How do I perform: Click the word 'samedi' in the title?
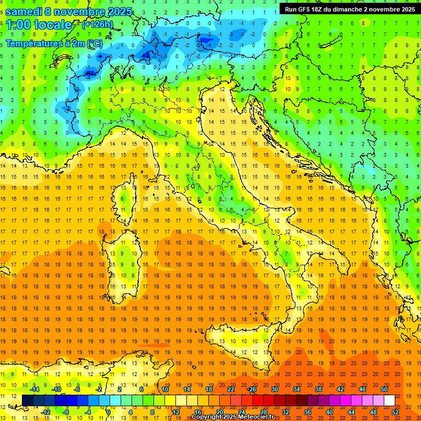pyautogui.click(x=23, y=12)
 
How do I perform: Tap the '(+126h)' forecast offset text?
pyautogui.click(x=97, y=24)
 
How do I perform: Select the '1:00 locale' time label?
pyautogui.click(x=39, y=25)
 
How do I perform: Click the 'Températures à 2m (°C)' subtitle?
pyautogui.click(x=54, y=43)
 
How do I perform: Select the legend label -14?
pyautogui.click(x=34, y=389)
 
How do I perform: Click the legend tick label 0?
pyautogui.click(x=109, y=412)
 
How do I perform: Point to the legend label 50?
pyautogui.click(x=384, y=389)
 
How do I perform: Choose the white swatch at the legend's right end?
pyautogui.click(x=389, y=400)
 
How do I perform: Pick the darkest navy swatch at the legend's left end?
pyautogui.click(x=27, y=400)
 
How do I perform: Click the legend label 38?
pyautogui.click(x=318, y=389)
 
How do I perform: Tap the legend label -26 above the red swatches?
pyautogui.click(x=252, y=389)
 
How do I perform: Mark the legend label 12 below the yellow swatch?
pyautogui.click(x=176, y=412)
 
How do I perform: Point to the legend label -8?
pyautogui.click(x=67, y=412)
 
